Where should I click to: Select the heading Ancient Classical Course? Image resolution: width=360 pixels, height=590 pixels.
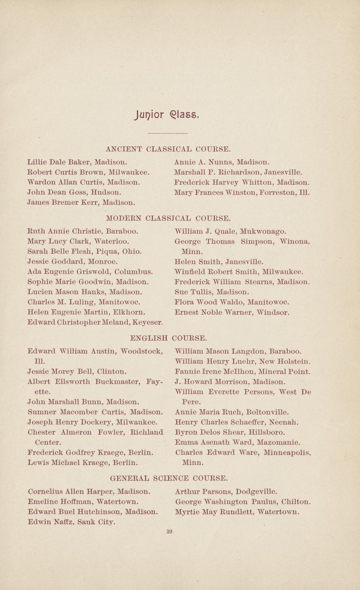pyautogui.click(x=168, y=149)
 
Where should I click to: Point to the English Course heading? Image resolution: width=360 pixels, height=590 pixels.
pyautogui.click(x=168, y=338)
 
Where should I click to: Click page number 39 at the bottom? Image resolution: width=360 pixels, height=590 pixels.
pyautogui.click(x=169, y=532)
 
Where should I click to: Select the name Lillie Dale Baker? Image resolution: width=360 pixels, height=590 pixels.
pyautogui.click(x=59, y=162)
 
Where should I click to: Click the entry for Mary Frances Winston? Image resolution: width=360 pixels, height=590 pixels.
pyautogui.click(x=242, y=193)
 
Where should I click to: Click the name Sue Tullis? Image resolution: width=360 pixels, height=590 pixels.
pyautogui.click(x=191, y=292)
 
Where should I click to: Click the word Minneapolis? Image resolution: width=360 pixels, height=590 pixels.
pyautogui.click(x=286, y=453)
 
